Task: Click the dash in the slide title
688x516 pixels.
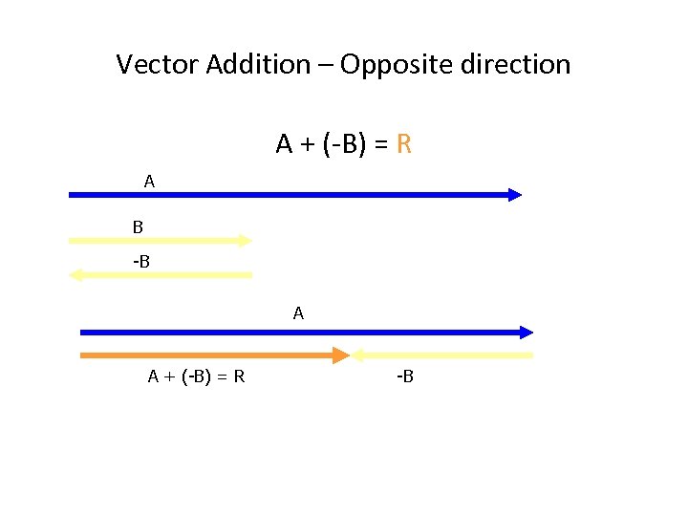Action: pyautogui.click(x=325, y=65)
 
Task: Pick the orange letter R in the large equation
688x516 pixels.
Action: pyautogui.click(x=404, y=144)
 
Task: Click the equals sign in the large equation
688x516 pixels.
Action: pyautogui.click(x=380, y=144)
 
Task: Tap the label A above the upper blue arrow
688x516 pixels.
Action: pyautogui.click(x=149, y=180)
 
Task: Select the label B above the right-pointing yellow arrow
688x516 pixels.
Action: pyautogui.click(x=138, y=227)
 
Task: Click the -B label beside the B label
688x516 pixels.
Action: pyautogui.click(x=141, y=260)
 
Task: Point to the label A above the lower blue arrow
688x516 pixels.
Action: pyautogui.click(x=299, y=312)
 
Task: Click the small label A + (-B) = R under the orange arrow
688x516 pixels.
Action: pyautogui.click(x=196, y=376)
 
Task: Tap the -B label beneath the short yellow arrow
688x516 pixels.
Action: pyautogui.click(x=404, y=376)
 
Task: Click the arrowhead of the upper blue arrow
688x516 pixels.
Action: pyautogui.click(x=515, y=195)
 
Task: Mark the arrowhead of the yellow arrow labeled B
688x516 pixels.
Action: pyautogui.click(x=246, y=241)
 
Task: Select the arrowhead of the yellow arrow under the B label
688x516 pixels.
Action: pyautogui.click(x=75, y=275)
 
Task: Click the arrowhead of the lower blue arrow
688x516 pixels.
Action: pyautogui.click(x=527, y=333)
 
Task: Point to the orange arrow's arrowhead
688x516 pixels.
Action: pyautogui.click(x=342, y=355)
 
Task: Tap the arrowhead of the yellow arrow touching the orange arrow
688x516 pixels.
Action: pyautogui.click(x=359, y=355)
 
